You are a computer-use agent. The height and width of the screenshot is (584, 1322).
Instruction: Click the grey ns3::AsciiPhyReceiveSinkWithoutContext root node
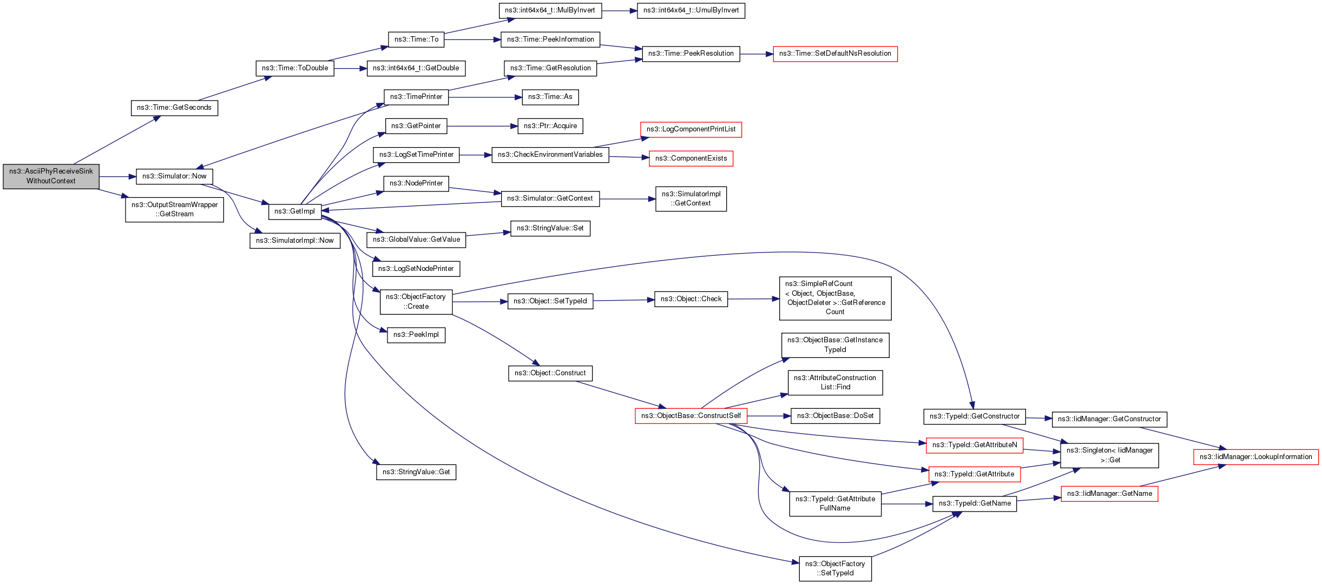[51, 176]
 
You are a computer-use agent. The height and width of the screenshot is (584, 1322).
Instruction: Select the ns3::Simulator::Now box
[174, 176]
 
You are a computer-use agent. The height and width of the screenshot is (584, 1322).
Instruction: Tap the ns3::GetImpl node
[294, 211]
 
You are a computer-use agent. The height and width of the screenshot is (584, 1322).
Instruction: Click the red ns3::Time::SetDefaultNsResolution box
[834, 54]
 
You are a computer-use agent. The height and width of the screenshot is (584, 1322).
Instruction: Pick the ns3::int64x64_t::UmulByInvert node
[690, 10]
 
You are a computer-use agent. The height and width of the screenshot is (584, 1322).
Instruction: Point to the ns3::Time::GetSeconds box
[174, 108]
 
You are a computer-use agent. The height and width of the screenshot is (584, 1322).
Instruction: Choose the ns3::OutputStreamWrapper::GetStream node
[174, 209]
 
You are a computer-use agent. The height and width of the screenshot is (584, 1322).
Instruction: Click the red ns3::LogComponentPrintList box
[690, 129]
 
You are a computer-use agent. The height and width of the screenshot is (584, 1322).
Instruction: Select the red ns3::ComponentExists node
[690, 158]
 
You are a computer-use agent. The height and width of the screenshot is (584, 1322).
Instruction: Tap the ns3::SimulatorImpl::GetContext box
[690, 198]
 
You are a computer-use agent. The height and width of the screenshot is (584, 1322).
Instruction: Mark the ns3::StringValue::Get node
[416, 472]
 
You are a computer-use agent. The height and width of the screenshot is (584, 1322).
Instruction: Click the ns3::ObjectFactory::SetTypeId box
[835, 568]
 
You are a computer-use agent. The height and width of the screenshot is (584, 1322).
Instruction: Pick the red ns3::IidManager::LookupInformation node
[1255, 457]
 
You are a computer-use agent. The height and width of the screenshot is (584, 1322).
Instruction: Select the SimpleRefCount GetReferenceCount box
[835, 298]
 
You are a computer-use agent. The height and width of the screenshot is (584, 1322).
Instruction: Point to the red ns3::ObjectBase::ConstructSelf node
[690, 416]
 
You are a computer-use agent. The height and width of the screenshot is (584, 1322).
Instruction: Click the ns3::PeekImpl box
[416, 335]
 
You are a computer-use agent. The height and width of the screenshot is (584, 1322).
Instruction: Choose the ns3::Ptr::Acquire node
[550, 126]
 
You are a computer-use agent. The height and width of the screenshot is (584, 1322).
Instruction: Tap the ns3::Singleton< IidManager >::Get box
[1109, 455]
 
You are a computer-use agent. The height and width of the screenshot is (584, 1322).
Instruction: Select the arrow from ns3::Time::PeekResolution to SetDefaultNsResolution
[756, 54]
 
